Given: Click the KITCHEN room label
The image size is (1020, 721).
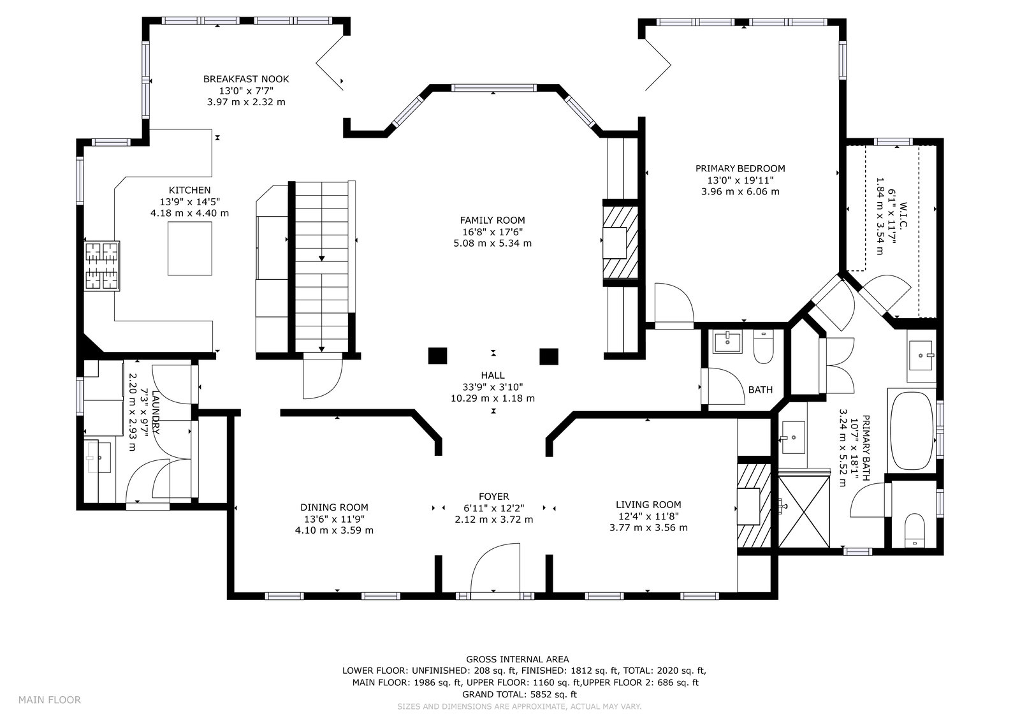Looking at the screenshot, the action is coord(190,190).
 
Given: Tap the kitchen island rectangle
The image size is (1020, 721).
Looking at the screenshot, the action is coord(190,248).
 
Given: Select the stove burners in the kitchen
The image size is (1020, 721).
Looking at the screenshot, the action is coord(103,266).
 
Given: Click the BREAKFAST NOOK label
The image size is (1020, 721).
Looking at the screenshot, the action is coord(246,79).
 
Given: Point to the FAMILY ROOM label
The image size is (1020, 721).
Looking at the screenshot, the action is coord(492,220).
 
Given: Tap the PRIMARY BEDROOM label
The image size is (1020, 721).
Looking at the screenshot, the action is coord(740,168).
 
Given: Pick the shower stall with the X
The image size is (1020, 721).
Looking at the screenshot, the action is coord(804,511).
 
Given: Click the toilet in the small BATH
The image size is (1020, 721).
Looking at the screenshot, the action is coord(764,347).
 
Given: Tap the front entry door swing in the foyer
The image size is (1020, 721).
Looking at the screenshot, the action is coord(495,569).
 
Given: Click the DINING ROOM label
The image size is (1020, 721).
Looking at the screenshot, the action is coord(334,507).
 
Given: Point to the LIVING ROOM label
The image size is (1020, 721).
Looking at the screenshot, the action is coord(648,505).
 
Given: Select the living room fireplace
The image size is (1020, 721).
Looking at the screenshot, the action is coord(754,506).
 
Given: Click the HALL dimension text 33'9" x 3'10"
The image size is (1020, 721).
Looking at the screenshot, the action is coord(493,387).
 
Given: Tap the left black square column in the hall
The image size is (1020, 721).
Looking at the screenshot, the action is coord(437,356).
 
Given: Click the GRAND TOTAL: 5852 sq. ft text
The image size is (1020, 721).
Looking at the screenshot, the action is coord(520,695).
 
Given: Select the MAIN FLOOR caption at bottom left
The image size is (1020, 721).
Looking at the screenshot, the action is coord(50,699).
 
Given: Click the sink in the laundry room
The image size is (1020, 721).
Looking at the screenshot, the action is coord(98,457).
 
